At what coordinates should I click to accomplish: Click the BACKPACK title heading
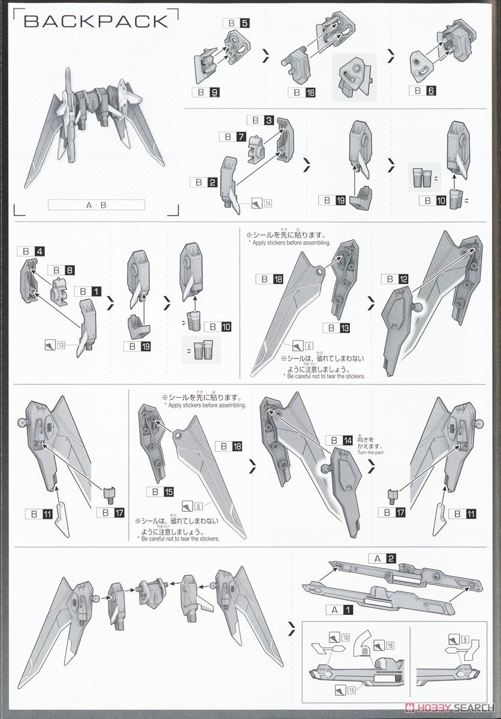[96, 22]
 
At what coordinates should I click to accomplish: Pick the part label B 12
[396, 279]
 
